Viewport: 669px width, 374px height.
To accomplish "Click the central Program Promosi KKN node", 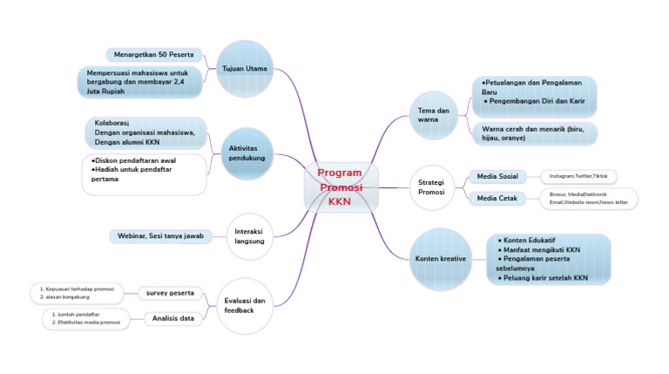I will pyautogui.click(x=341, y=187).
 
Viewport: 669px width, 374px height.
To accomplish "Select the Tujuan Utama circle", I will pyautogui.click(x=245, y=68).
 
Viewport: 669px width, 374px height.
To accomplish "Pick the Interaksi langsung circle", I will pyautogui.click(x=249, y=235).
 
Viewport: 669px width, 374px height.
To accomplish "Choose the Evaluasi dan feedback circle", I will pyautogui.click(x=245, y=305).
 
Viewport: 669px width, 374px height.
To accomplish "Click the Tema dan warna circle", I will pyautogui.click(x=433, y=115).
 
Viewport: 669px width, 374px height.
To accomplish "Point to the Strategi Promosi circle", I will pyautogui.click(x=431, y=187).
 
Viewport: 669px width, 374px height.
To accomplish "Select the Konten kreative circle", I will pyautogui.click(x=440, y=259).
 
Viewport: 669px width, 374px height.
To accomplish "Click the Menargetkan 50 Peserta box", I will pyautogui.click(x=153, y=55).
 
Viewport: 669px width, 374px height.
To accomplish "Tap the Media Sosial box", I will pyautogui.click(x=497, y=177).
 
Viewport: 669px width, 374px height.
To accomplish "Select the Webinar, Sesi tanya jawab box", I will pyautogui.click(x=160, y=236).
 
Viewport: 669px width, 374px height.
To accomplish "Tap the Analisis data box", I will pyautogui.click(x=173, y=318).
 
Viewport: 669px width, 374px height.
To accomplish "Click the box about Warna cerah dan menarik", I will pyautogui.click(x=534, y=133).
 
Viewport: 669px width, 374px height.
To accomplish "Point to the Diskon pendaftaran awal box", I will pyautogui.click(x=145, y=173).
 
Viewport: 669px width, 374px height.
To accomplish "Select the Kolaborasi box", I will pyautogui.click(x=145, y=133).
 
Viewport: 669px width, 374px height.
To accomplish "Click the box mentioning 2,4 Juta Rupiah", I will pyautogui.click(x=139, y=82).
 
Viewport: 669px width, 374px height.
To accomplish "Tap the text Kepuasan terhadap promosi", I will pyautogui.click(x=77, y=288).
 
